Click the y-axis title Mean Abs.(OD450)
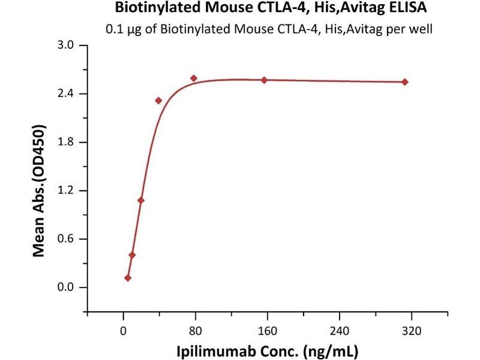[x=40, y=191]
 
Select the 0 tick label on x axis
[x=123, y=329]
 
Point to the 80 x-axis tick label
[x=195, y=329]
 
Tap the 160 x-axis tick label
[x=267, y=329]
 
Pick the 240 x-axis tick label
[x=340, y=329]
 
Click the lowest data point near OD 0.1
[x=128, y=278]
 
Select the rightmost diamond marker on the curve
[x=405, y=82]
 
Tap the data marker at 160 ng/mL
[x=264, y=80]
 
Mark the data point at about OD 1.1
[x=141, y=200]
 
